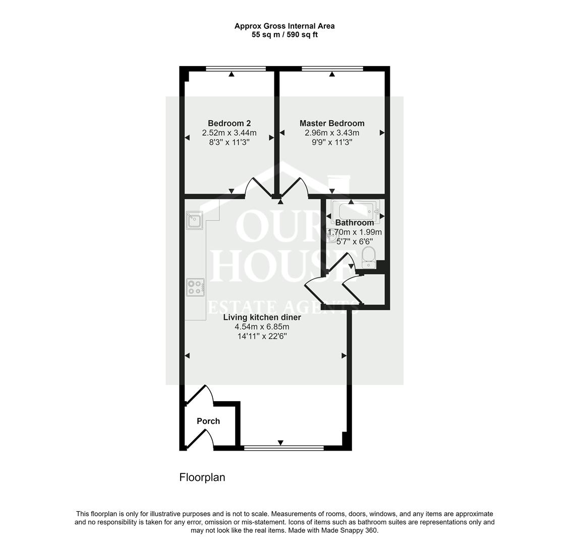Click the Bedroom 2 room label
pos(229,123)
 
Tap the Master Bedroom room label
pos(332,123)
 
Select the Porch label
pos(208,421)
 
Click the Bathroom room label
pos(355,223)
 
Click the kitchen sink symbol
pos(194,221)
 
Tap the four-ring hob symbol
pos(195,287)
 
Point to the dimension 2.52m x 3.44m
pos(229,133)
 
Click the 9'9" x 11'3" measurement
pos(332,142)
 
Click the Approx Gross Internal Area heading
pos(284,26)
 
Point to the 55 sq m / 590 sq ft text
pos(284,35)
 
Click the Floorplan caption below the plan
pos(202,477)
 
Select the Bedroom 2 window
pos(236,69)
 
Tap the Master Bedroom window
pos(332,69)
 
